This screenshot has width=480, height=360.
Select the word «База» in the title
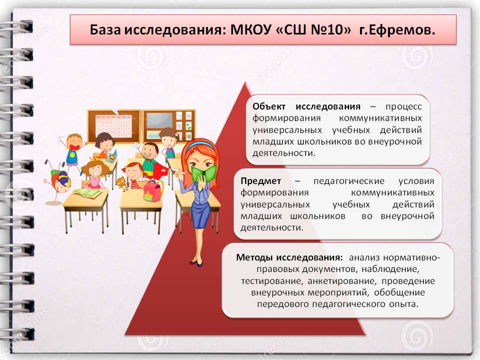tap(105, 30)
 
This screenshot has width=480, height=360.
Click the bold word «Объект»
tap(269, 106)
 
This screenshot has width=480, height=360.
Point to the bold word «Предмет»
tap(260, 181)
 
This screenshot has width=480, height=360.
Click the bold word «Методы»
tap(254, 257)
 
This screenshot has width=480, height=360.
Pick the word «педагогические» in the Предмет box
tap(349, 181)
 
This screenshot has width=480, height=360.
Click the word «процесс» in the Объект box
tap(403, 107)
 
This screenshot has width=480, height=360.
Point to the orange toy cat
tap(120, 183)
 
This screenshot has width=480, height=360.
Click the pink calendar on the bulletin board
tap(113, 126)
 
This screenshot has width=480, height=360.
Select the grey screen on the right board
tap(160, 120)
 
